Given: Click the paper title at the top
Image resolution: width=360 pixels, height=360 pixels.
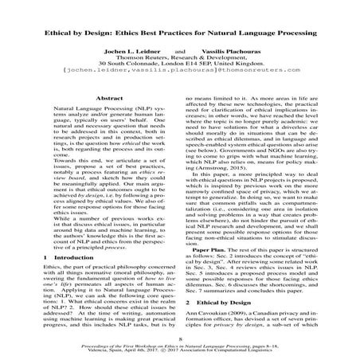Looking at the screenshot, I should pos(179,37).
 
